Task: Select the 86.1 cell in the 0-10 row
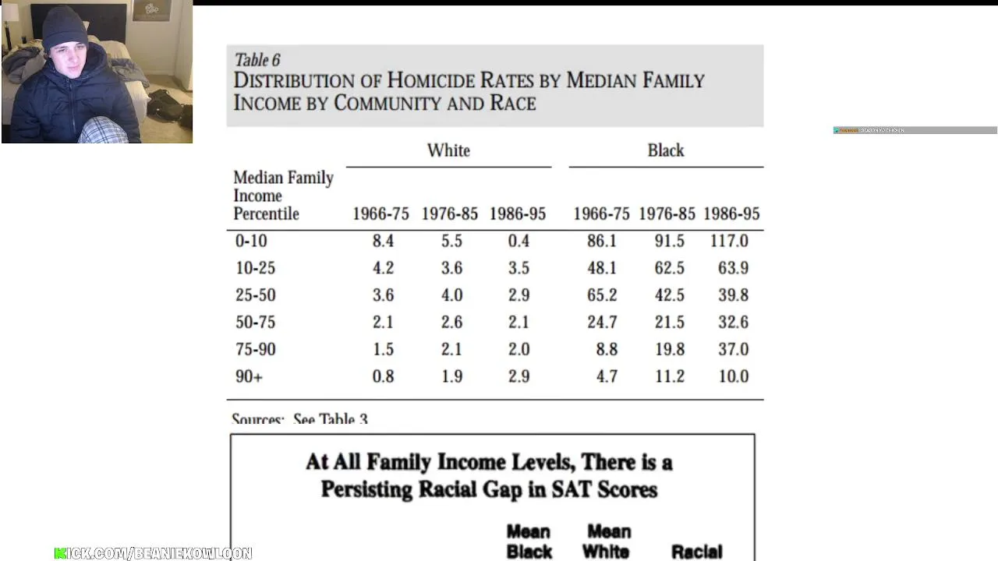click(602, 241)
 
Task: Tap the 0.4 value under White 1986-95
click(518, 241)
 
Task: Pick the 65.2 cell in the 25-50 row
click(602, 295)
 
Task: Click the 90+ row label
click(249, 376)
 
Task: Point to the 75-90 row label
click(255, 349)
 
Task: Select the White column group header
click(448, 150)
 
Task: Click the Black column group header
click(665, 150)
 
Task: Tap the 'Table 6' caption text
click(257, 60)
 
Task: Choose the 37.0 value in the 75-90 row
click(733, 349)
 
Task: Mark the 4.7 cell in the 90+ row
click(607, 376)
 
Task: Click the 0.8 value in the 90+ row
click(383, 376)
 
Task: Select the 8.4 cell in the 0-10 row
click(383, 241)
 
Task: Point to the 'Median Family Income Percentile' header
click(282, 196)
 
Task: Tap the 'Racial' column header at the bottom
click(696, 552)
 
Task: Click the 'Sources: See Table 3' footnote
click(299, 419)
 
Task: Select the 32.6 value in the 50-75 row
click(733, 322)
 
